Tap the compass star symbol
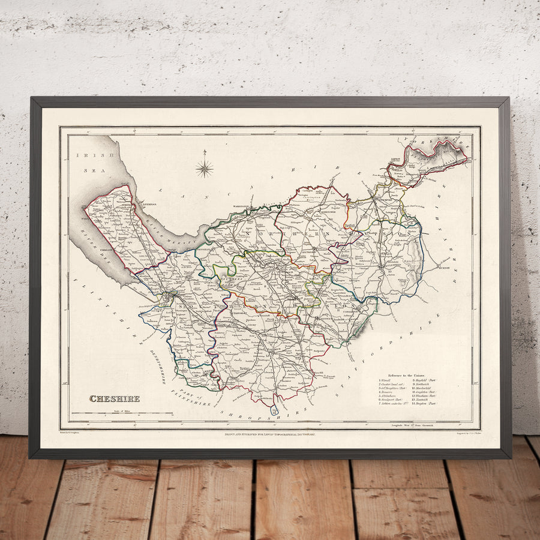pyautogui.click(x=204, y=168)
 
